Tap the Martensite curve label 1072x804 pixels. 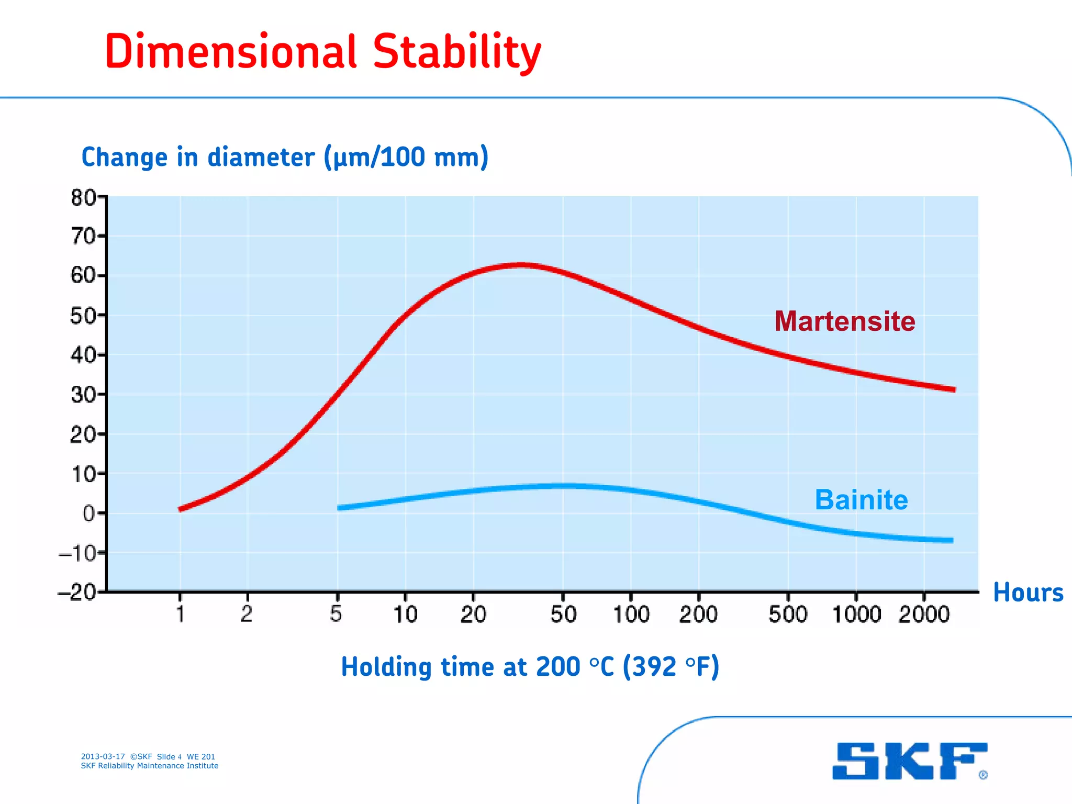pos(844,321)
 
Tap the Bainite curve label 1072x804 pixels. pos(861,499)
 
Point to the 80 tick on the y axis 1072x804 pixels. pos(84,198)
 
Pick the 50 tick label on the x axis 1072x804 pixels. pos(563,614)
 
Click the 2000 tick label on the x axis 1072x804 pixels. pos(924,614)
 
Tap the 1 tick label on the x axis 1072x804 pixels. pos(180,614)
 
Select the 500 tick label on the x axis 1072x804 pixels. pos(788,614)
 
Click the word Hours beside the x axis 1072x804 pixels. pos(1028,593)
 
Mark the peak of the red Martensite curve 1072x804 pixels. pos(521,265)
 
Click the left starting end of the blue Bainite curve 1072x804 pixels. pos(340,507)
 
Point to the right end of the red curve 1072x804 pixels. pos(954,389)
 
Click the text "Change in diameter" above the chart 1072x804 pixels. pos(198,157)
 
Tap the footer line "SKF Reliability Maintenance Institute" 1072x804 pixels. pos(149,766)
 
